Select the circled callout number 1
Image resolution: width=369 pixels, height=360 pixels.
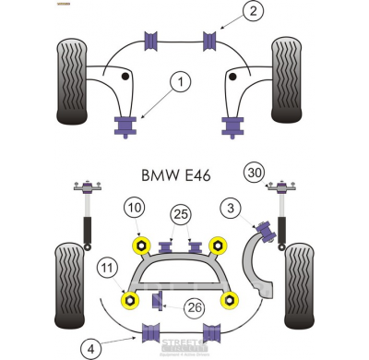tap(180, 83)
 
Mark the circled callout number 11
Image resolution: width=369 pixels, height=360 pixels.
tap(109, 269)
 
